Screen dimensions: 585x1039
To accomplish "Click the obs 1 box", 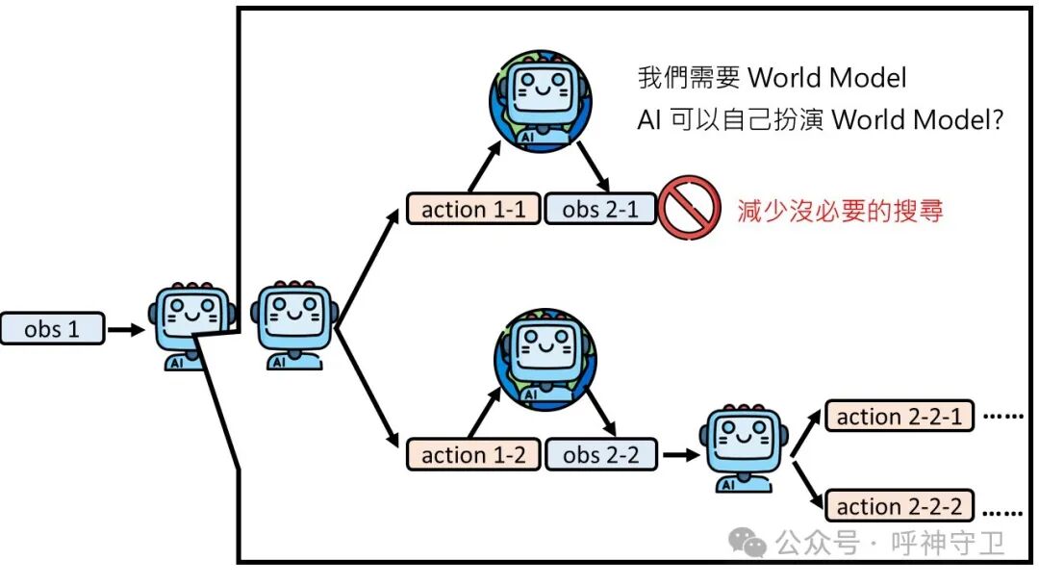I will point(52,329).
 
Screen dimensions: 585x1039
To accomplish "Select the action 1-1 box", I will point(473,209).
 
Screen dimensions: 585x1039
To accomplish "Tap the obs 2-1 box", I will point(600,209).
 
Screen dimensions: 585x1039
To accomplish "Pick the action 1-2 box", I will point(473,454).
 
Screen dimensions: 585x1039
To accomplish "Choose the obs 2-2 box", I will point(600,454).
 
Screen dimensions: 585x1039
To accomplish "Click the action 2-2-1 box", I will point(900,417).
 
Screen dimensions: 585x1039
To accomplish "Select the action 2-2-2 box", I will point(900,506).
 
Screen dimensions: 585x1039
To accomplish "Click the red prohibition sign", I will point(690,208).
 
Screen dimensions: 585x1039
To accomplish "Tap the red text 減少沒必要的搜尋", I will point(840,211).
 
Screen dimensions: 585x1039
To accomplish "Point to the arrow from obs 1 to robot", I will point(125,329).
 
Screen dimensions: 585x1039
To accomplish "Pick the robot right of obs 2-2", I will point(740,446).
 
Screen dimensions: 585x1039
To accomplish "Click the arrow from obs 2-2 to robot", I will point(678,454).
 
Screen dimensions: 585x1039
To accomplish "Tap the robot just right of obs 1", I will point(190,325).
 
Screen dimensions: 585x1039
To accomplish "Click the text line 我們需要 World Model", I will point(773,77).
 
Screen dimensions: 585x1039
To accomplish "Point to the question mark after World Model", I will point(997,120).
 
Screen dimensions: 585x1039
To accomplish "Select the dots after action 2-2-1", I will point(1004,417).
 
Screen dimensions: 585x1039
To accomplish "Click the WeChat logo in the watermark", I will point(748,544).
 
